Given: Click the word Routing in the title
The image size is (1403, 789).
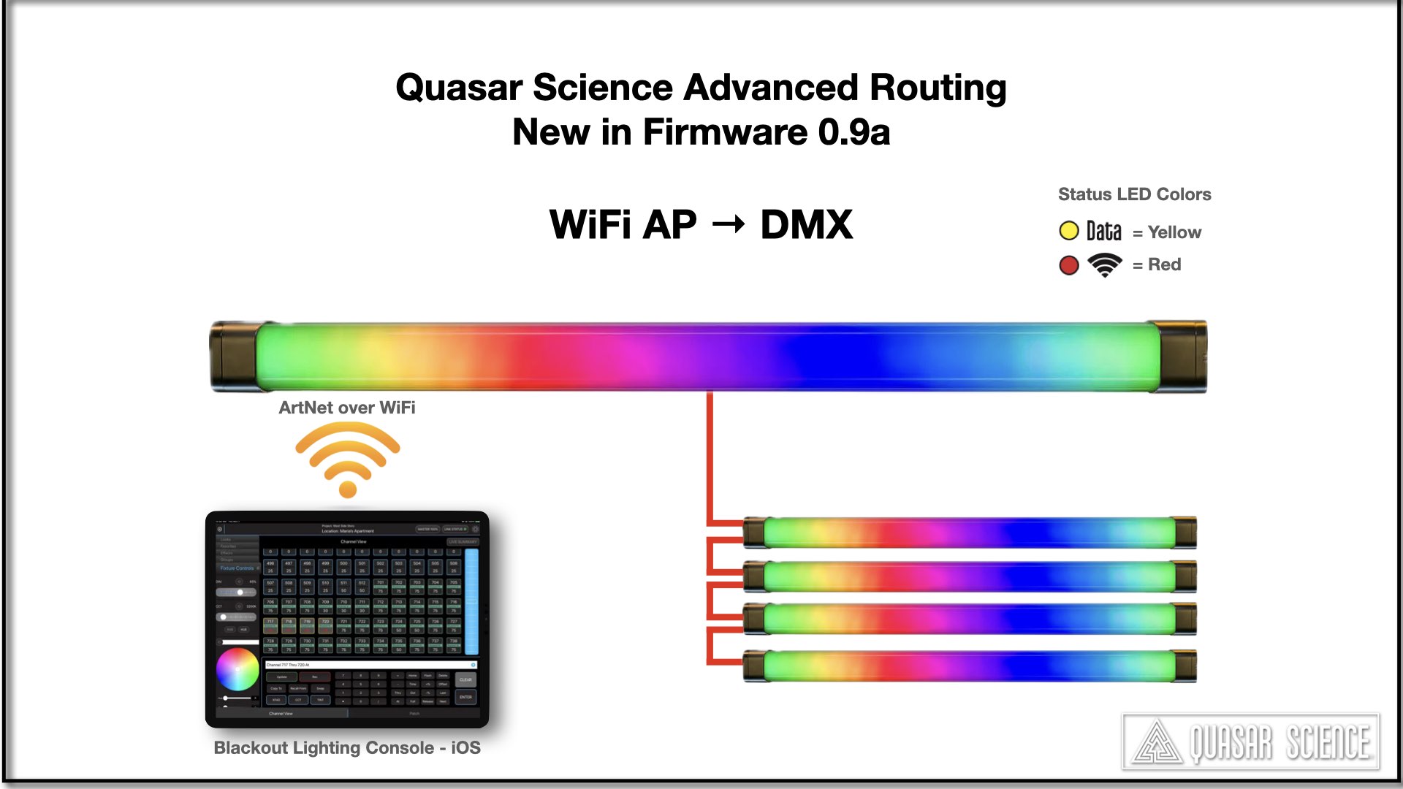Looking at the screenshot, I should [938, 88].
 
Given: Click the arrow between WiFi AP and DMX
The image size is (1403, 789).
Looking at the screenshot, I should [728, 224].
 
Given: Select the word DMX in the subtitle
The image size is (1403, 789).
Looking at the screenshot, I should [806, 224].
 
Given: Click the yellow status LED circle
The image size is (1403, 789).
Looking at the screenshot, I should [1068, 232].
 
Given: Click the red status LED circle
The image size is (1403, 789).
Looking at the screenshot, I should [1068, 265].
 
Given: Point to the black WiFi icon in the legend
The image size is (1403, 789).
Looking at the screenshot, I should [1104, 264].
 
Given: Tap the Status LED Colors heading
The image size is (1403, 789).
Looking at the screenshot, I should [1134, 194].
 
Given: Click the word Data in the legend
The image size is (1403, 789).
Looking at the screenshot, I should [1103, 232].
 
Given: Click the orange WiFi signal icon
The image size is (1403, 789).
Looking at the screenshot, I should [348, 460].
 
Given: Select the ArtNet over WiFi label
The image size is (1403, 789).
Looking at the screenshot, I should [346, 408].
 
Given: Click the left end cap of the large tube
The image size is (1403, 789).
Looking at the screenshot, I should [232, 357].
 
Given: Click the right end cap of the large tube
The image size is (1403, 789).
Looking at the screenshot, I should [1182, 357].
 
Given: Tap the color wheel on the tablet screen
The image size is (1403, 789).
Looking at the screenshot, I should [237, 669].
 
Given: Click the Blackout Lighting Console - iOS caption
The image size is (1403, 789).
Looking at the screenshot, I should [346, 748].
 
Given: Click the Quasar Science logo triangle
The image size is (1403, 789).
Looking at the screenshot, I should [1157, 744].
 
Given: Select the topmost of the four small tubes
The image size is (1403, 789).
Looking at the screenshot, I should [969, 533].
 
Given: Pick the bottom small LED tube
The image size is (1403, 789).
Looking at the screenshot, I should [969, 666].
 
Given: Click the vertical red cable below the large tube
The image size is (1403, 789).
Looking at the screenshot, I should [710, 453].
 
